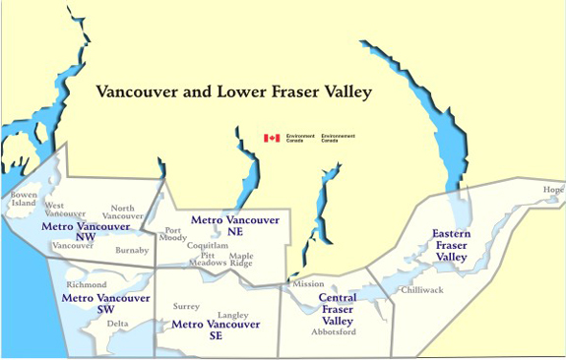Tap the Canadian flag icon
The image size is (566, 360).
[271, 139]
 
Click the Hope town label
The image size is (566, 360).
[554, 190]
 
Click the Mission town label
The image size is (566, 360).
[308, 284]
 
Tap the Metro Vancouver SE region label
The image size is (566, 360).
[216, 330]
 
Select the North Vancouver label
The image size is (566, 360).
[122, 211]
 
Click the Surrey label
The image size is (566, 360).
[185, 306]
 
